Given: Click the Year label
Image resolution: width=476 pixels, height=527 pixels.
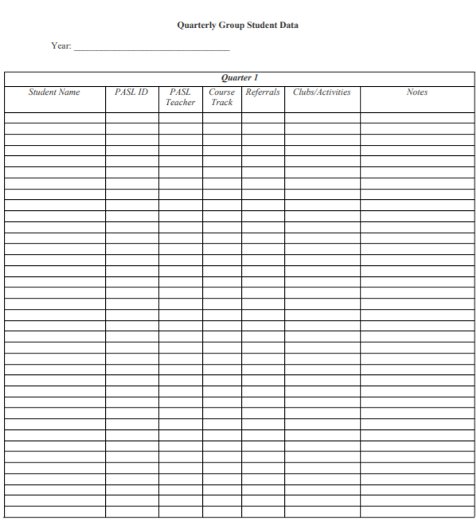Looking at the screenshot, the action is coord(61,46).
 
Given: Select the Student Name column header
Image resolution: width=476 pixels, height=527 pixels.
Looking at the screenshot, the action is coord(54,92).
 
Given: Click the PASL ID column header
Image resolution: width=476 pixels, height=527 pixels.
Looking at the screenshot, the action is coord(132,92).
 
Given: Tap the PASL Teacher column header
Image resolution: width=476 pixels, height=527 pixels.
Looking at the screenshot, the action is coord(180,97).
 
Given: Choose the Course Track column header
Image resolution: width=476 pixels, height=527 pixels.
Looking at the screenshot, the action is coord(222,97).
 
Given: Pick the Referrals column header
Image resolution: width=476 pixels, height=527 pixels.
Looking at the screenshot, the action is coord(263,92).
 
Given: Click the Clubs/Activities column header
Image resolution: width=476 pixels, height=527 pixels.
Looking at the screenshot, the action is coord(322,92).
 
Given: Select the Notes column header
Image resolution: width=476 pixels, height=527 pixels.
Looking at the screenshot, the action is coord(416,92).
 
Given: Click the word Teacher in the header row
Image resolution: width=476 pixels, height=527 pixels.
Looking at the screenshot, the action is coord(180,103).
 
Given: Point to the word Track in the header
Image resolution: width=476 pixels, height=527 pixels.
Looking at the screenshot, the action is coord(222,103).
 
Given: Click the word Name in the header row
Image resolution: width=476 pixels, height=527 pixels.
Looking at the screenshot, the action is coord(68,92).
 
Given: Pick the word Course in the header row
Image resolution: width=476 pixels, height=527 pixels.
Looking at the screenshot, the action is coord(222,92).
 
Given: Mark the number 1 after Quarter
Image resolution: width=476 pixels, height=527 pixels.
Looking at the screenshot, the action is coord(256,78).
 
